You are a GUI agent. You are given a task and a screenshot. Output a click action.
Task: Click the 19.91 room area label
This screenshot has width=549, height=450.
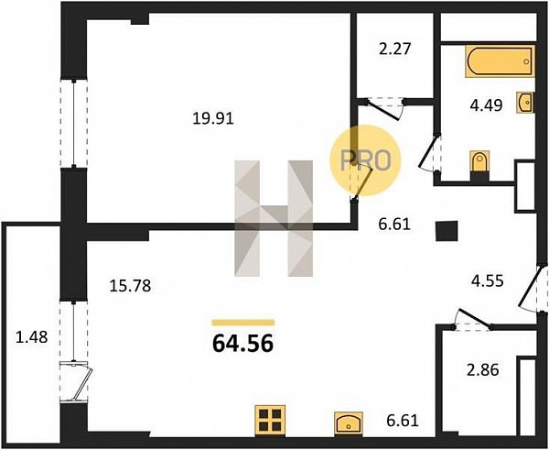(x=213, y=119)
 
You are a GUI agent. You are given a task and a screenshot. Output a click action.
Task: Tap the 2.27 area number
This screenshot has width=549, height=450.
(x=394, y=49)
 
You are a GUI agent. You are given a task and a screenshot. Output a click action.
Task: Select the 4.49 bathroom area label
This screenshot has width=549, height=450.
(x=487, y=104)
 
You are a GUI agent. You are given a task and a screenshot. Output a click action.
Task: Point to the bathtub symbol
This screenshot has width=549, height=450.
(x=499, y=61)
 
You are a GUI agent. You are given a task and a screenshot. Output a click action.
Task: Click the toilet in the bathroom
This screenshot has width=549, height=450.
(x=479, y=163)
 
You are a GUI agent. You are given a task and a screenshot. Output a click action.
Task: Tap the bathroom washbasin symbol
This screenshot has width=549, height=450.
(x=525, y=102)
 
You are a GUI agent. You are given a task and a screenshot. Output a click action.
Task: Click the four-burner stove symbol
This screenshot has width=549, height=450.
(x=270, y=420)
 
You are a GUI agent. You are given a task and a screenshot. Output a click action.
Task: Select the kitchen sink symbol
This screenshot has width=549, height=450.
(x=348, y=423)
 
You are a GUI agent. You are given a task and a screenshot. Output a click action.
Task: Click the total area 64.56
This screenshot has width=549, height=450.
(x=242, y=344)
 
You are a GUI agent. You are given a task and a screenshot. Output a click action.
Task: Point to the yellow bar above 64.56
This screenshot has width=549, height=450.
(x=243, y=323)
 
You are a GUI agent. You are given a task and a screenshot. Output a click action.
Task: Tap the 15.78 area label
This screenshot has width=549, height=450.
(x=130, y=286)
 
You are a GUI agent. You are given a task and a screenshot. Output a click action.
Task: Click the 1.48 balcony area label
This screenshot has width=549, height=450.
(x=31, y=337)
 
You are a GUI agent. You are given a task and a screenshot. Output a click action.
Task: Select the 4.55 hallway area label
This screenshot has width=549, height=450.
(x=487, y=281)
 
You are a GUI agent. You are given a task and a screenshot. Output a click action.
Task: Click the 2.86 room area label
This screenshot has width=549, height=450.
(x=483, y=370)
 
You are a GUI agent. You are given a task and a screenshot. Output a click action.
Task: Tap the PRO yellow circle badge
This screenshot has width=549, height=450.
(x=365, y=160)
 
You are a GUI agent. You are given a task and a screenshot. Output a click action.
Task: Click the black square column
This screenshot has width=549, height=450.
(x=447, y=231)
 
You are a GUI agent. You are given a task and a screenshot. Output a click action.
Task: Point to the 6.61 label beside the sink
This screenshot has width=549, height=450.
(x=403, y=420)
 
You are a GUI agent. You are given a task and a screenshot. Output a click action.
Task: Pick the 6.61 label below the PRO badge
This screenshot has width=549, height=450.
(x=394, y=225)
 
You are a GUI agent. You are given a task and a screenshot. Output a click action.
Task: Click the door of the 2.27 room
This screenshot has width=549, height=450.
(x=384, y=109)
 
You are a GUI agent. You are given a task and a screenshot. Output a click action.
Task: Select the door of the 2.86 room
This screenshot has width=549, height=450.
(x=473, y=319)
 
